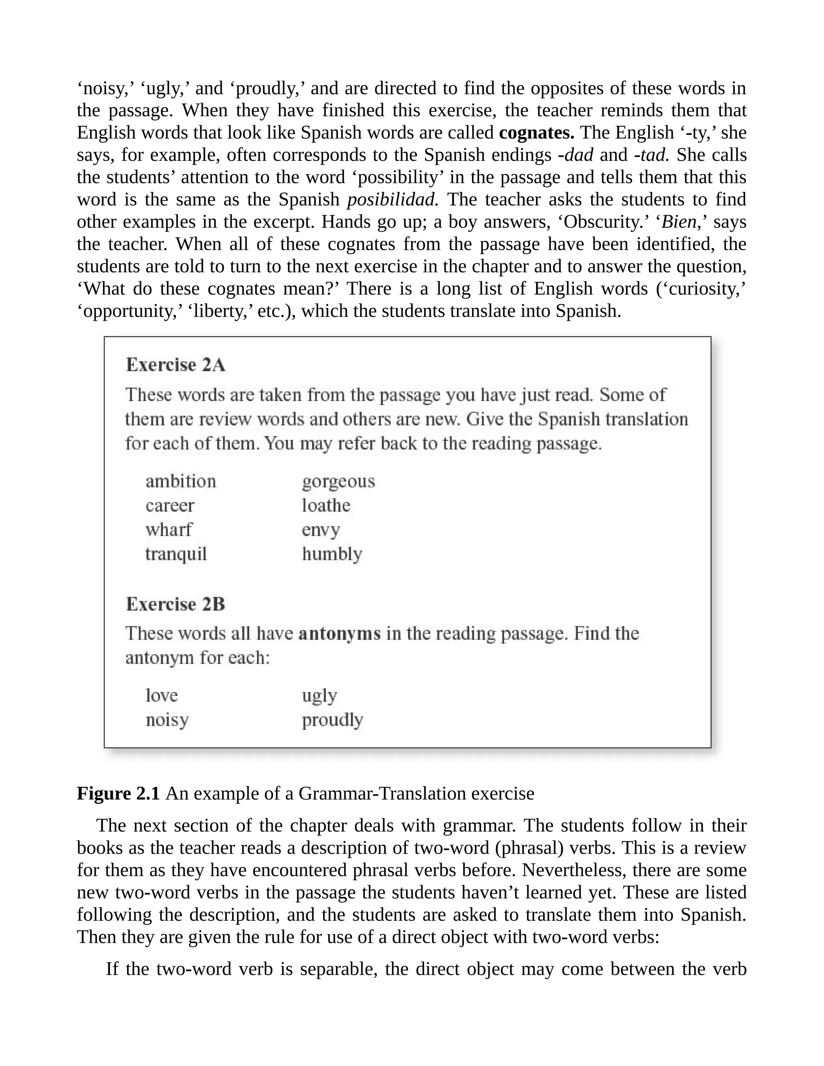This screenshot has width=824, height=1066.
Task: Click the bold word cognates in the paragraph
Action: click(536, 133)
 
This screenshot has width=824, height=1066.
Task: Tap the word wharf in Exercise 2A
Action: click(169, 530)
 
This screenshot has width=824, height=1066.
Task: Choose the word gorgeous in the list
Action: click(338, 482)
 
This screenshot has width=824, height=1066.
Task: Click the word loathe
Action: click(325, 505)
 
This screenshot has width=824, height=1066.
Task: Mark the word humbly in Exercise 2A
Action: click(332, 554)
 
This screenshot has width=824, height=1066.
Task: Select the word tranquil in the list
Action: click(176, 554)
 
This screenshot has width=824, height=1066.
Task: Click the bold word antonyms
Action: click(339, 634)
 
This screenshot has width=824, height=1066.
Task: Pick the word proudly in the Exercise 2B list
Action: click(332, 720)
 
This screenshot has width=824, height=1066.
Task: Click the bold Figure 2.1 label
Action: click(118, 793)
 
